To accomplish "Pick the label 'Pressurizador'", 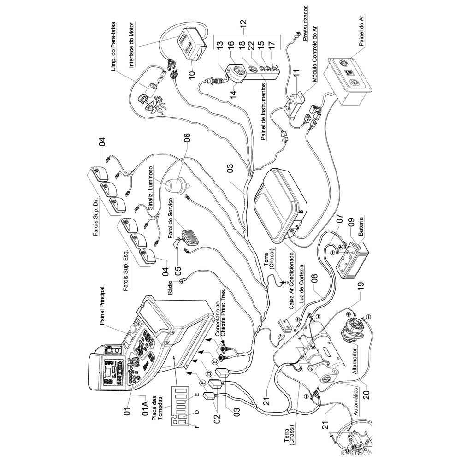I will [307, 23].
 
